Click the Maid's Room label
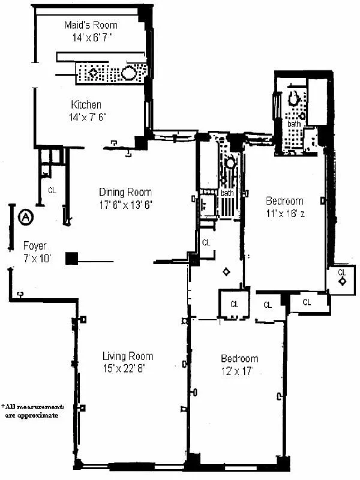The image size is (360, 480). click(x=91, y=25)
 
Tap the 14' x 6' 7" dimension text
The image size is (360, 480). click(x=91, y=37)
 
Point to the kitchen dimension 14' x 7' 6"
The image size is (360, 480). click(x=88, y=117)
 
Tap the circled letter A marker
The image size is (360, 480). click(x=26, y=217)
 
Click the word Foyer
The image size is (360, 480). click(x=35, y=245)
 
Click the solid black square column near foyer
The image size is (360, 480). click(x=72, y=258)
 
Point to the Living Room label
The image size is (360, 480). click(x=127, y=356)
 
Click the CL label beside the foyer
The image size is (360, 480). click(x=52, y=191)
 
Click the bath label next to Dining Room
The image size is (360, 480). click(x=227, y=193)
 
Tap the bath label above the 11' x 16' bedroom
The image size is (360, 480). click(x=294, y=124)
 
